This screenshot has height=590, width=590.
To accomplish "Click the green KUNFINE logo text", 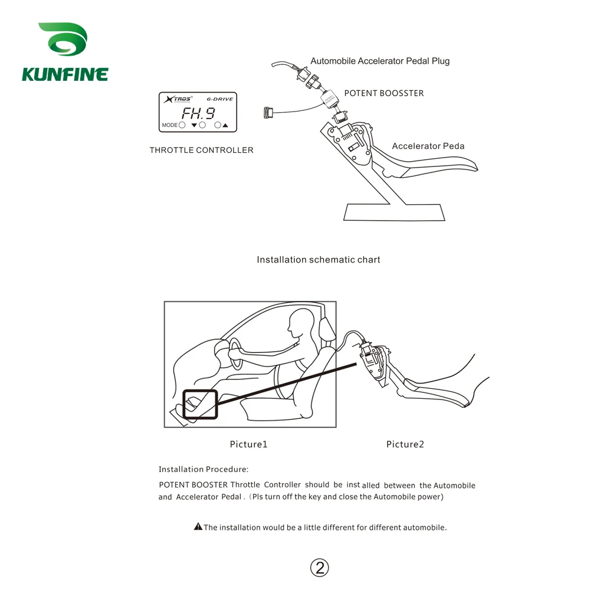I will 65,74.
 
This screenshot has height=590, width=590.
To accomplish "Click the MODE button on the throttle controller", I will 182,125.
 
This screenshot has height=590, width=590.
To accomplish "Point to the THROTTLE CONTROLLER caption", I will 201,150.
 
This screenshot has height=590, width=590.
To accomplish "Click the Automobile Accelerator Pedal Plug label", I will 380,61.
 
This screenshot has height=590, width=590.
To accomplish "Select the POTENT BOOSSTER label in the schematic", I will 383,93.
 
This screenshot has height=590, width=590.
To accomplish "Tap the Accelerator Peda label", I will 428,146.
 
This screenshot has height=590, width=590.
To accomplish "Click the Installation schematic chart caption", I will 318,260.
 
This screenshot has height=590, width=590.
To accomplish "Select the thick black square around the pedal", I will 200,405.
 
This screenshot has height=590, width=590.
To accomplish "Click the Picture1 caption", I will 248,444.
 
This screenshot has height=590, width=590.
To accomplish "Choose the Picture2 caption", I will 405,444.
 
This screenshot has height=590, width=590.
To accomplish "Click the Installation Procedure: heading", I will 204,470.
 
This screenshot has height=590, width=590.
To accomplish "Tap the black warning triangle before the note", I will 198,527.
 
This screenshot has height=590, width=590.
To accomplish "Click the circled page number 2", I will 319,568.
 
